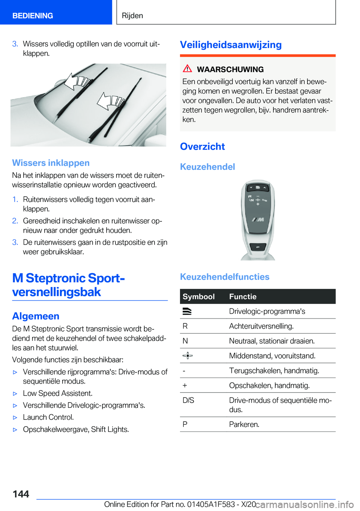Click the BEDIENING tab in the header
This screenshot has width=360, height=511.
pos(33,16)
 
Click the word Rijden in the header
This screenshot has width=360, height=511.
pos(132,16)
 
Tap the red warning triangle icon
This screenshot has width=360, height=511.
pos(187,69)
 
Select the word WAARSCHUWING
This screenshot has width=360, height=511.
pos(230,69)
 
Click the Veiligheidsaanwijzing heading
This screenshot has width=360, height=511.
pos(231,45)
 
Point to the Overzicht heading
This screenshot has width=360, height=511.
pos(202,146)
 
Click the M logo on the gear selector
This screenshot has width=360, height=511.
pos(258,219)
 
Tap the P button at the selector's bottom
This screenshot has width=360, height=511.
pos(258,247)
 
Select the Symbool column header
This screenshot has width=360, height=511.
pos(198,296)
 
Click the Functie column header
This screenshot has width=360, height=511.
pos(243,296)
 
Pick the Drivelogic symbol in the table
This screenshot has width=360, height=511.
pos(187,311)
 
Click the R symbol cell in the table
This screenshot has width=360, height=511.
pos(185,326)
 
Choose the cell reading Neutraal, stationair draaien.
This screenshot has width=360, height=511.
pos(271,341)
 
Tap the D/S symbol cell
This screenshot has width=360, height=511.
pos(188,400)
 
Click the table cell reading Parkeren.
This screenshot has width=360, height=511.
pos(244,424)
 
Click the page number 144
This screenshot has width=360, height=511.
pos(21,494)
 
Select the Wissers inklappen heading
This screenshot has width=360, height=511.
pos(51,163)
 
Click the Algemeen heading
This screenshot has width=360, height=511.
pos(36,316)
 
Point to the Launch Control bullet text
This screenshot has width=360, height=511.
pos(48,417)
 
